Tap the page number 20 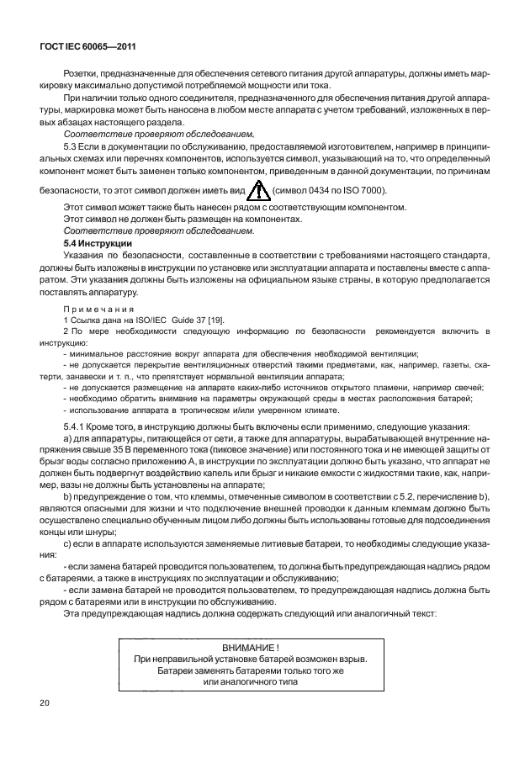(x=45, y=700)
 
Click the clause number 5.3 (x=72, y=146)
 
